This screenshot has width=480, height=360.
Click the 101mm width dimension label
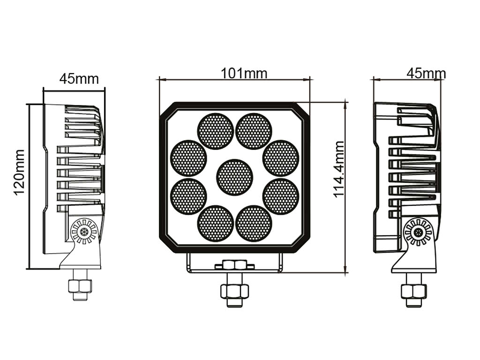[x=244, y=73]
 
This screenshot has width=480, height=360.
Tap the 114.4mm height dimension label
[x=339, y=169]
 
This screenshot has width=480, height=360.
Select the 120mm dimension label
[x=19, y=172]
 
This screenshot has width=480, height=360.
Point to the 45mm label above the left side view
[x=79, y=78]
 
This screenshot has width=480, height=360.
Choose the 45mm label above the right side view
[x=426, y=74]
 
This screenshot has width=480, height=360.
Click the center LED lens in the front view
[x=234, y=177]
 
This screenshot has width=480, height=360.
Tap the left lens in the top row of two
[x=215, y=131]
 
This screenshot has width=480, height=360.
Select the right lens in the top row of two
[x=254, y=131]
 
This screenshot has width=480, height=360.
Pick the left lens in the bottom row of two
[x=215, y=223]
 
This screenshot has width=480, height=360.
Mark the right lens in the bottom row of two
[x=254, y=223]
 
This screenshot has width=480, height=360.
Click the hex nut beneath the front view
[x=234, y=291]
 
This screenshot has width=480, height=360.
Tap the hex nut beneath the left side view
[x=80, y=285]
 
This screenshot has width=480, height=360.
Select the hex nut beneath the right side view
[x=413, y=291]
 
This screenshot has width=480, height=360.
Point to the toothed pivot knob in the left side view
[x=84, y=232]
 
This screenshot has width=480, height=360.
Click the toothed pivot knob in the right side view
[x=418, y=232]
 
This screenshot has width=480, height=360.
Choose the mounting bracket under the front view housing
[x=234, y=263]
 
